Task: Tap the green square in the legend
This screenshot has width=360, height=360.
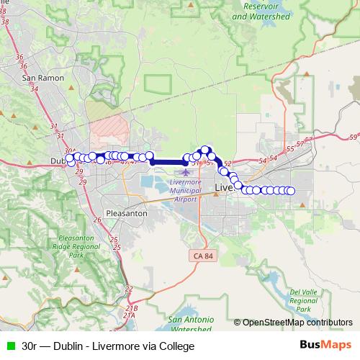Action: pos(9,346)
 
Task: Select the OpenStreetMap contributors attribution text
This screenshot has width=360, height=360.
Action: pos(297,323)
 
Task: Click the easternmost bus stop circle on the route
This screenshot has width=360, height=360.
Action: pos(291,191)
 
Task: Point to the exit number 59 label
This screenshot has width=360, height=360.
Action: pos(352,136)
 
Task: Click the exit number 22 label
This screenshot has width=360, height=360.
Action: pos(129,289)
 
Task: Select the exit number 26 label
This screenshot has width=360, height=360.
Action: pos(97,220)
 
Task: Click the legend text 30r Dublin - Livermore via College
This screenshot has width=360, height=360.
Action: pos(108,346)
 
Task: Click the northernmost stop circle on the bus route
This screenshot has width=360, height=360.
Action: pos(205,150)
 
